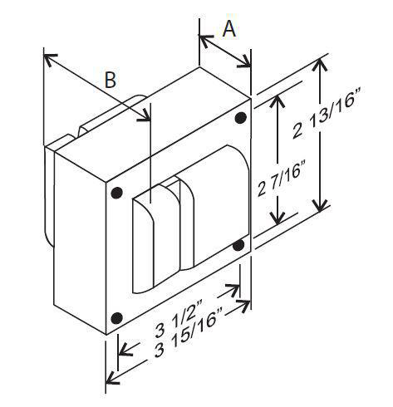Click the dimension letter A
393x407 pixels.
(229, 29)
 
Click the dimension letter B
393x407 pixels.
(111, 80)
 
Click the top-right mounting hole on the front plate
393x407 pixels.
(240, 118)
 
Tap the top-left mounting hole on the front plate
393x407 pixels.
(116, 193)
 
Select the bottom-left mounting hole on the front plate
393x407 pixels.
(116, 318)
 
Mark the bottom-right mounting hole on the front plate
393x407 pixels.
(238, 245)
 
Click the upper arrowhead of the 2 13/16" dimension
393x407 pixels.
(321, 65)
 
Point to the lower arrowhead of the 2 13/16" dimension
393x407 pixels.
(321, 204)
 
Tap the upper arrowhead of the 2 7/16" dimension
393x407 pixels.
(278, 101)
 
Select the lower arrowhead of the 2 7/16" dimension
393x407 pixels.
(278, 217)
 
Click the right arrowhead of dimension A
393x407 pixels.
(245, 62)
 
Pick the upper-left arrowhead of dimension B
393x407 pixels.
(50, 59)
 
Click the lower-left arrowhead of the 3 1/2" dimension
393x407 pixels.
(125, 350)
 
